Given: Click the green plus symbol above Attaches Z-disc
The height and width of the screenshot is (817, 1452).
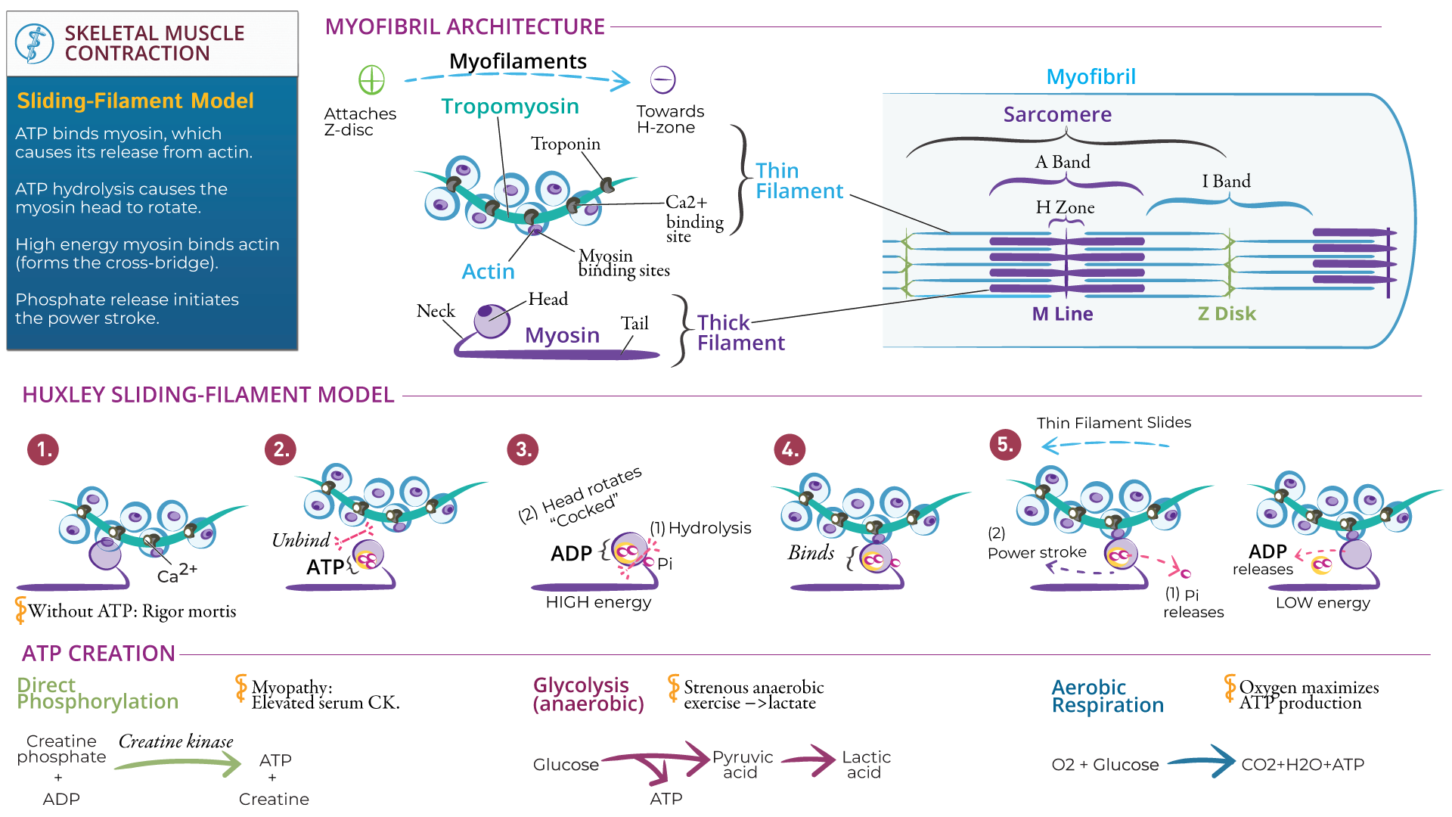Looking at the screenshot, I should [371, 79].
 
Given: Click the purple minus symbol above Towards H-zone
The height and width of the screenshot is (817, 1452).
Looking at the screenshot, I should [662, 79].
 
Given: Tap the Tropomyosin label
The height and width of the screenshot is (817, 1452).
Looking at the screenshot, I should [510, 107].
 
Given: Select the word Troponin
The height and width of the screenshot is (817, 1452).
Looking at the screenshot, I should [565, 144].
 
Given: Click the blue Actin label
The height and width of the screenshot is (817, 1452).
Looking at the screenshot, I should [488, 272].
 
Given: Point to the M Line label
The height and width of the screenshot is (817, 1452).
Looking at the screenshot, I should [1062, 314].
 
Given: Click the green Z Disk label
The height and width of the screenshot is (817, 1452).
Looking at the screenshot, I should [1226, 314].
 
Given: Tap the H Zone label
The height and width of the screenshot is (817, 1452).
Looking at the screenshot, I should [1064, 207].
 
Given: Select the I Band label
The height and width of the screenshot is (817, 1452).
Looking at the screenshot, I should [1226, 182].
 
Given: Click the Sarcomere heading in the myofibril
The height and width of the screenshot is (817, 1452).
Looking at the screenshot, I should [1056, 115].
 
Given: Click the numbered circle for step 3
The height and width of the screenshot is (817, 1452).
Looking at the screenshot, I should [523, 449].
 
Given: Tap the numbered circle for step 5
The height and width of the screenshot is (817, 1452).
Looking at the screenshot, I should [1005, 444].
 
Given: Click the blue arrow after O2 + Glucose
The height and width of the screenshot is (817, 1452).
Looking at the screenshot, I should [1202, 762].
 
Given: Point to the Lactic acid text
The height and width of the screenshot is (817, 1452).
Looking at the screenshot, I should [865, 765].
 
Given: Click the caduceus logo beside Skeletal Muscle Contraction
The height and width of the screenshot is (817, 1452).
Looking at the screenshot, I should [34, 43].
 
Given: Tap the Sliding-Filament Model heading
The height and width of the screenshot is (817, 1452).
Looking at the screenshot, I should [135, 101].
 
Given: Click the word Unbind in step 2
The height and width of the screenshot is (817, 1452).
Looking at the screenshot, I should [300, 540].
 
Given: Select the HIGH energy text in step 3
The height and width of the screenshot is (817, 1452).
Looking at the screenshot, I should [598, 602].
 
